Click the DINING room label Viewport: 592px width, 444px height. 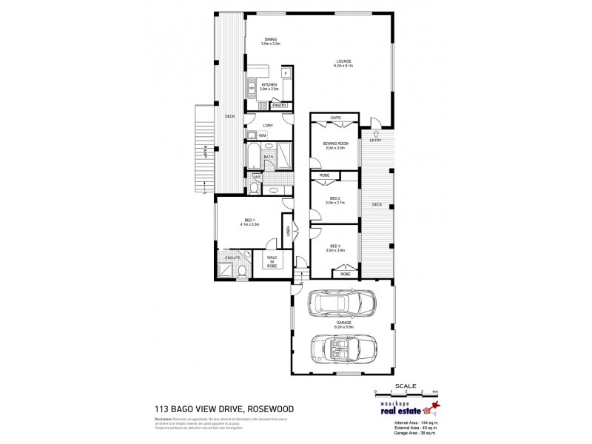[270, 41]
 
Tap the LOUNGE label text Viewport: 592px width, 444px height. [343, 61]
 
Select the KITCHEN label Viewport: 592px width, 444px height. [269, 85]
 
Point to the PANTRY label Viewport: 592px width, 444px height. [279, 106]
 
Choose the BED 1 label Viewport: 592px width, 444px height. [249, 221]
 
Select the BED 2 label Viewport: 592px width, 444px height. [334, 198]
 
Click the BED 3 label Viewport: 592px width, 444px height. [334, 246]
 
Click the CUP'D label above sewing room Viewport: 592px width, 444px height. [334, 118]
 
